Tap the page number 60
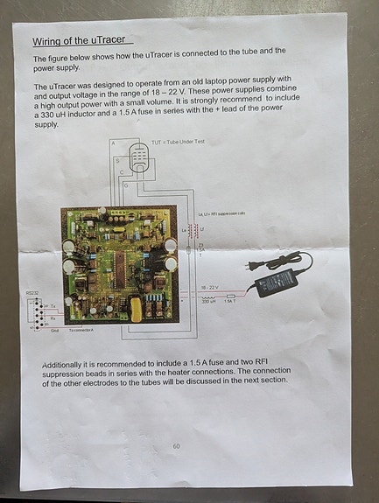(176, 446)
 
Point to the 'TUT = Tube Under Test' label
(177, 142)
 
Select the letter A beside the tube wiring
(112, 143)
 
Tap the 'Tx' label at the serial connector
(52, 306)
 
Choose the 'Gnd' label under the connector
(54, 332)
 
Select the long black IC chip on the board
(121, 262)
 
